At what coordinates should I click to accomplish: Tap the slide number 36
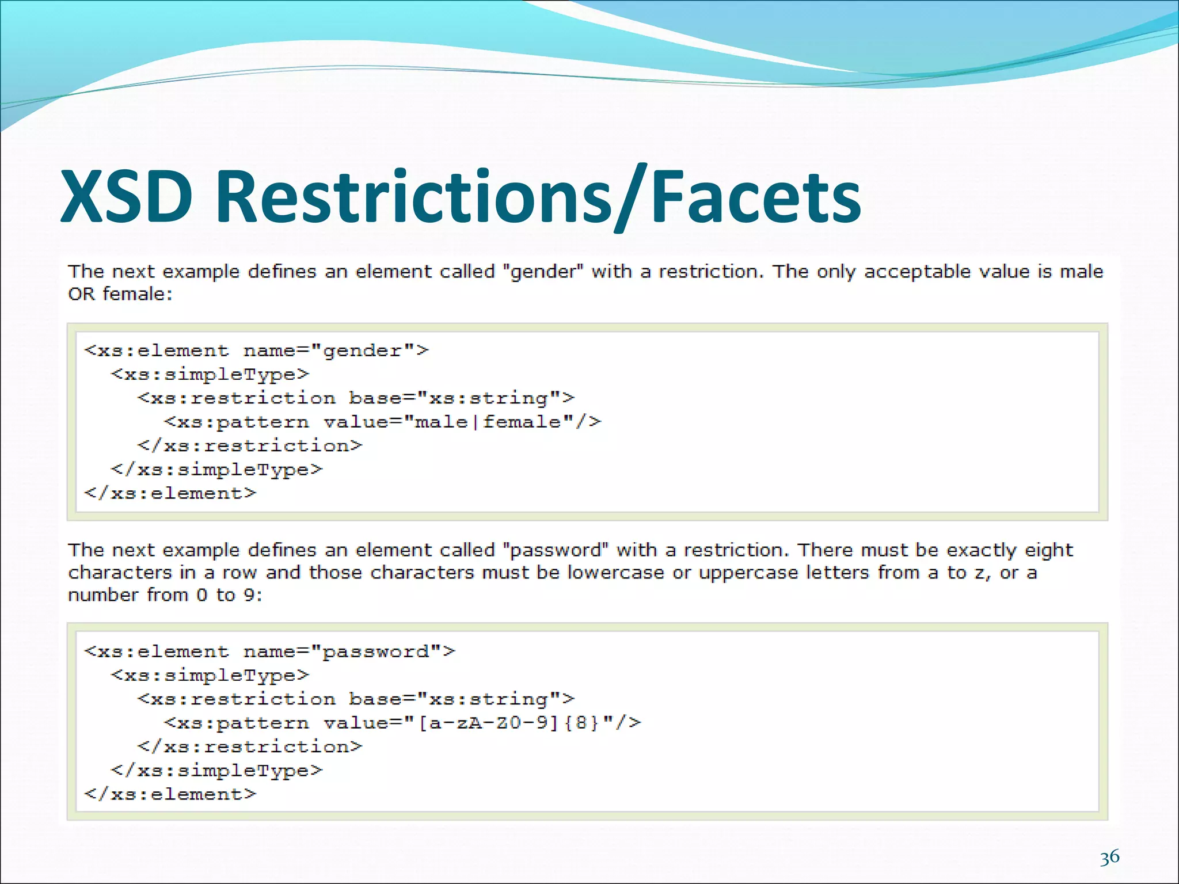[1109, 858]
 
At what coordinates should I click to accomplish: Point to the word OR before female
[81, 294]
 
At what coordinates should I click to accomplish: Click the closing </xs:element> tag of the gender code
[170, 493]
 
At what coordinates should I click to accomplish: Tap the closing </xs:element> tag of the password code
[170, 794]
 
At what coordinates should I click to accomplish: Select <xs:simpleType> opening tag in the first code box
[210, 375]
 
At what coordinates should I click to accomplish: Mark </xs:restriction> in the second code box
[250, 746]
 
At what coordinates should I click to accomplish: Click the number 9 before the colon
[249, 595]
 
